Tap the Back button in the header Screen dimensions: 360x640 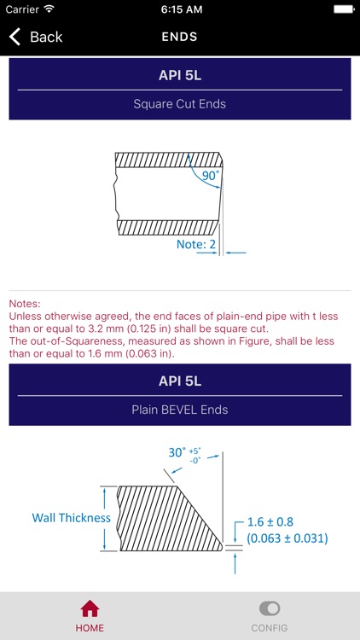[x=36, y=37]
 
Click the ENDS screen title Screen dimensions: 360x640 [x=179, y=37]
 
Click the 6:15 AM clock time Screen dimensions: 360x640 [x=179, y=9]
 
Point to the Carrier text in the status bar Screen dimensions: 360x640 [x=21, y=9]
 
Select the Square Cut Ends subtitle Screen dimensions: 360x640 [x=179, y=104]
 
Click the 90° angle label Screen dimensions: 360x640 [x=210, y=176]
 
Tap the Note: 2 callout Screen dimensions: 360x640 [x=195, y=244]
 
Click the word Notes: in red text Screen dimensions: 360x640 [x=26, y=303]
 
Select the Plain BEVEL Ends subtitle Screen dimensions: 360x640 [x=179, y=410]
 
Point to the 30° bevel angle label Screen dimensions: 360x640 [x=177, y=453]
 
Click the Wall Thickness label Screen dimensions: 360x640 [x=72, y=518]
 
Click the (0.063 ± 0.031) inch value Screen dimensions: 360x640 [x=287, y=538]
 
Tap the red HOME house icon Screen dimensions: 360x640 [x=90, y=609]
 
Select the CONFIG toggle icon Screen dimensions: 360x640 [x=269, y=609]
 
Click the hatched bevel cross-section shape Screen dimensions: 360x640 [x=162, y=518]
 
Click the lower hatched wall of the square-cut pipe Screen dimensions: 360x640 [x=166, y=227]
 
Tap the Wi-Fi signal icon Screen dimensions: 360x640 [x=49, y=9]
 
